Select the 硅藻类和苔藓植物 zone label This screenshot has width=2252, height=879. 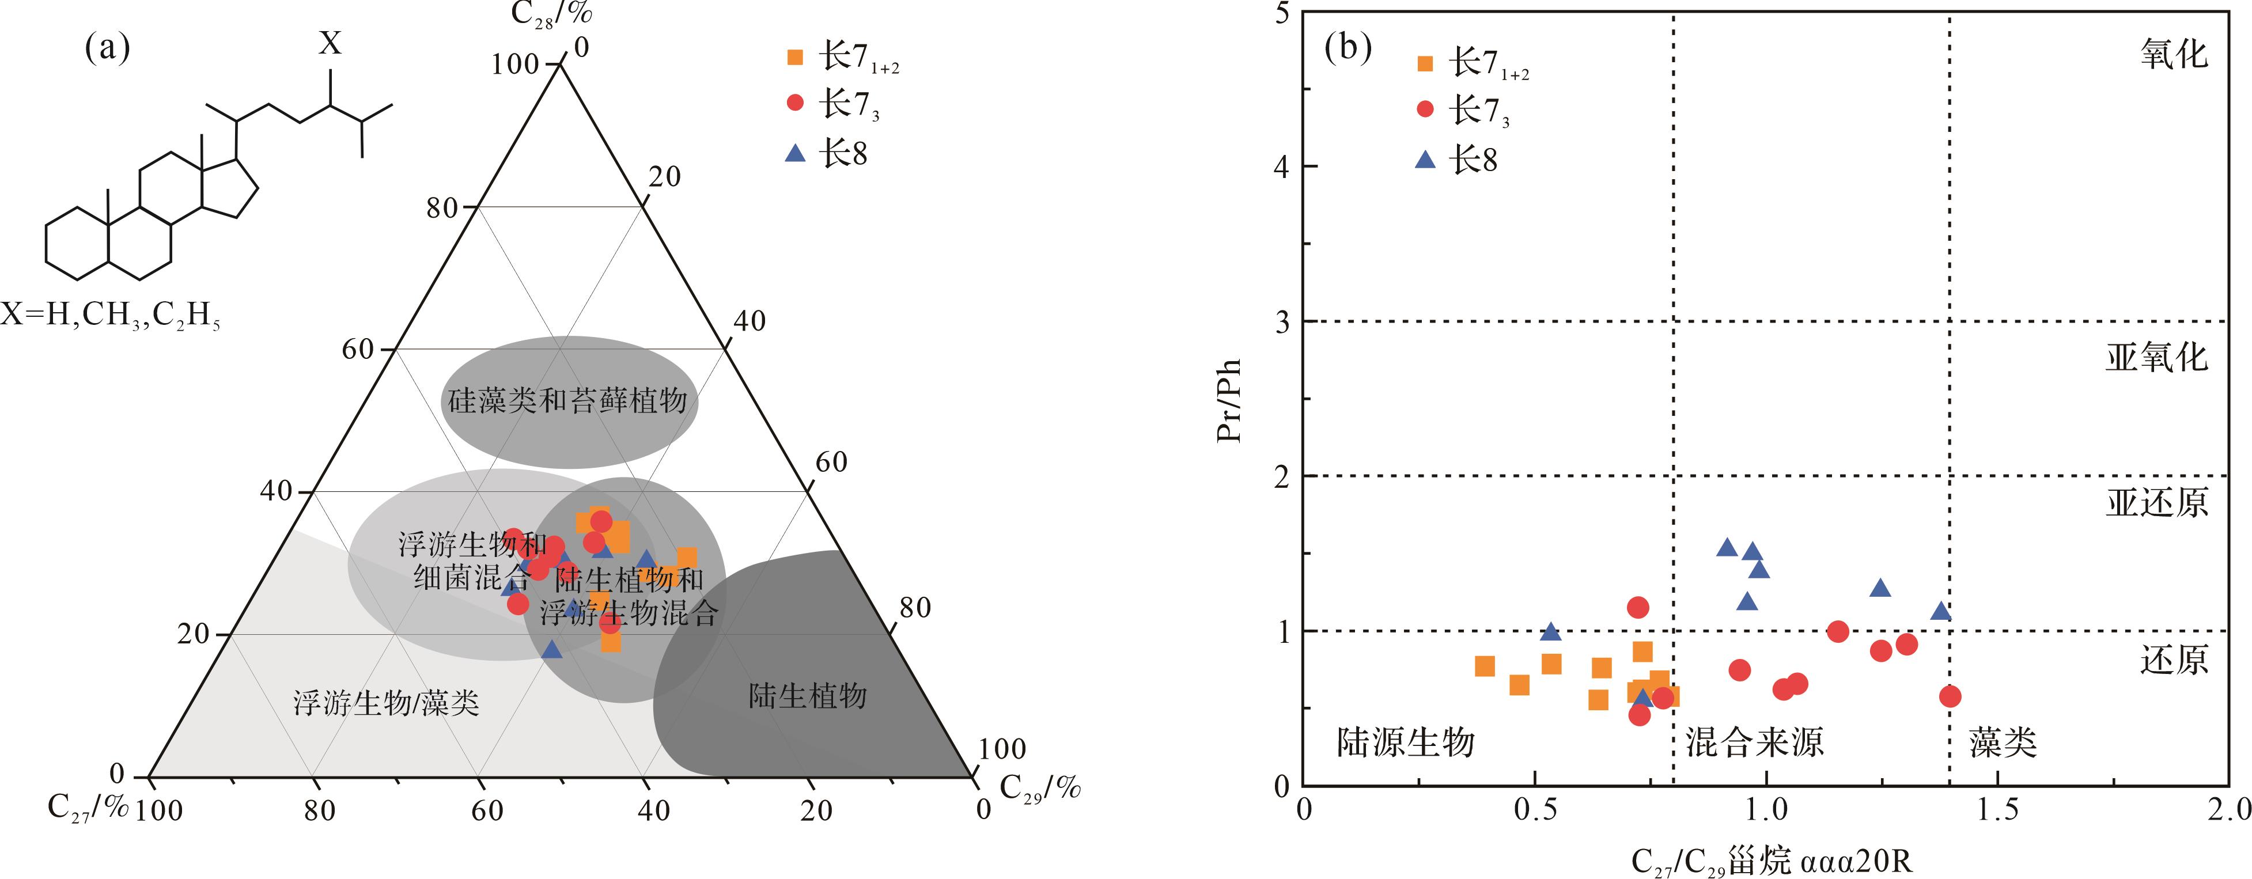pos(568,401)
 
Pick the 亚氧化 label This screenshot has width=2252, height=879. pos(2156,357)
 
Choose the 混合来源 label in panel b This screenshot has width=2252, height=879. pos(1754,742)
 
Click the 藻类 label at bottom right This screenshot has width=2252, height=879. pos(2003,742)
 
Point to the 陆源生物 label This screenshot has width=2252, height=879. pos(1406,742)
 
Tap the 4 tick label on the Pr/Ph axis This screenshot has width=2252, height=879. pos(1282,167)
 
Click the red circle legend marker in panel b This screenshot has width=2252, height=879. pos(1425,109)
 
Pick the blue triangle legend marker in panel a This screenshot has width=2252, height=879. pos(794,154)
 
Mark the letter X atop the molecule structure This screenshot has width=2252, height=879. pos(330,43)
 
